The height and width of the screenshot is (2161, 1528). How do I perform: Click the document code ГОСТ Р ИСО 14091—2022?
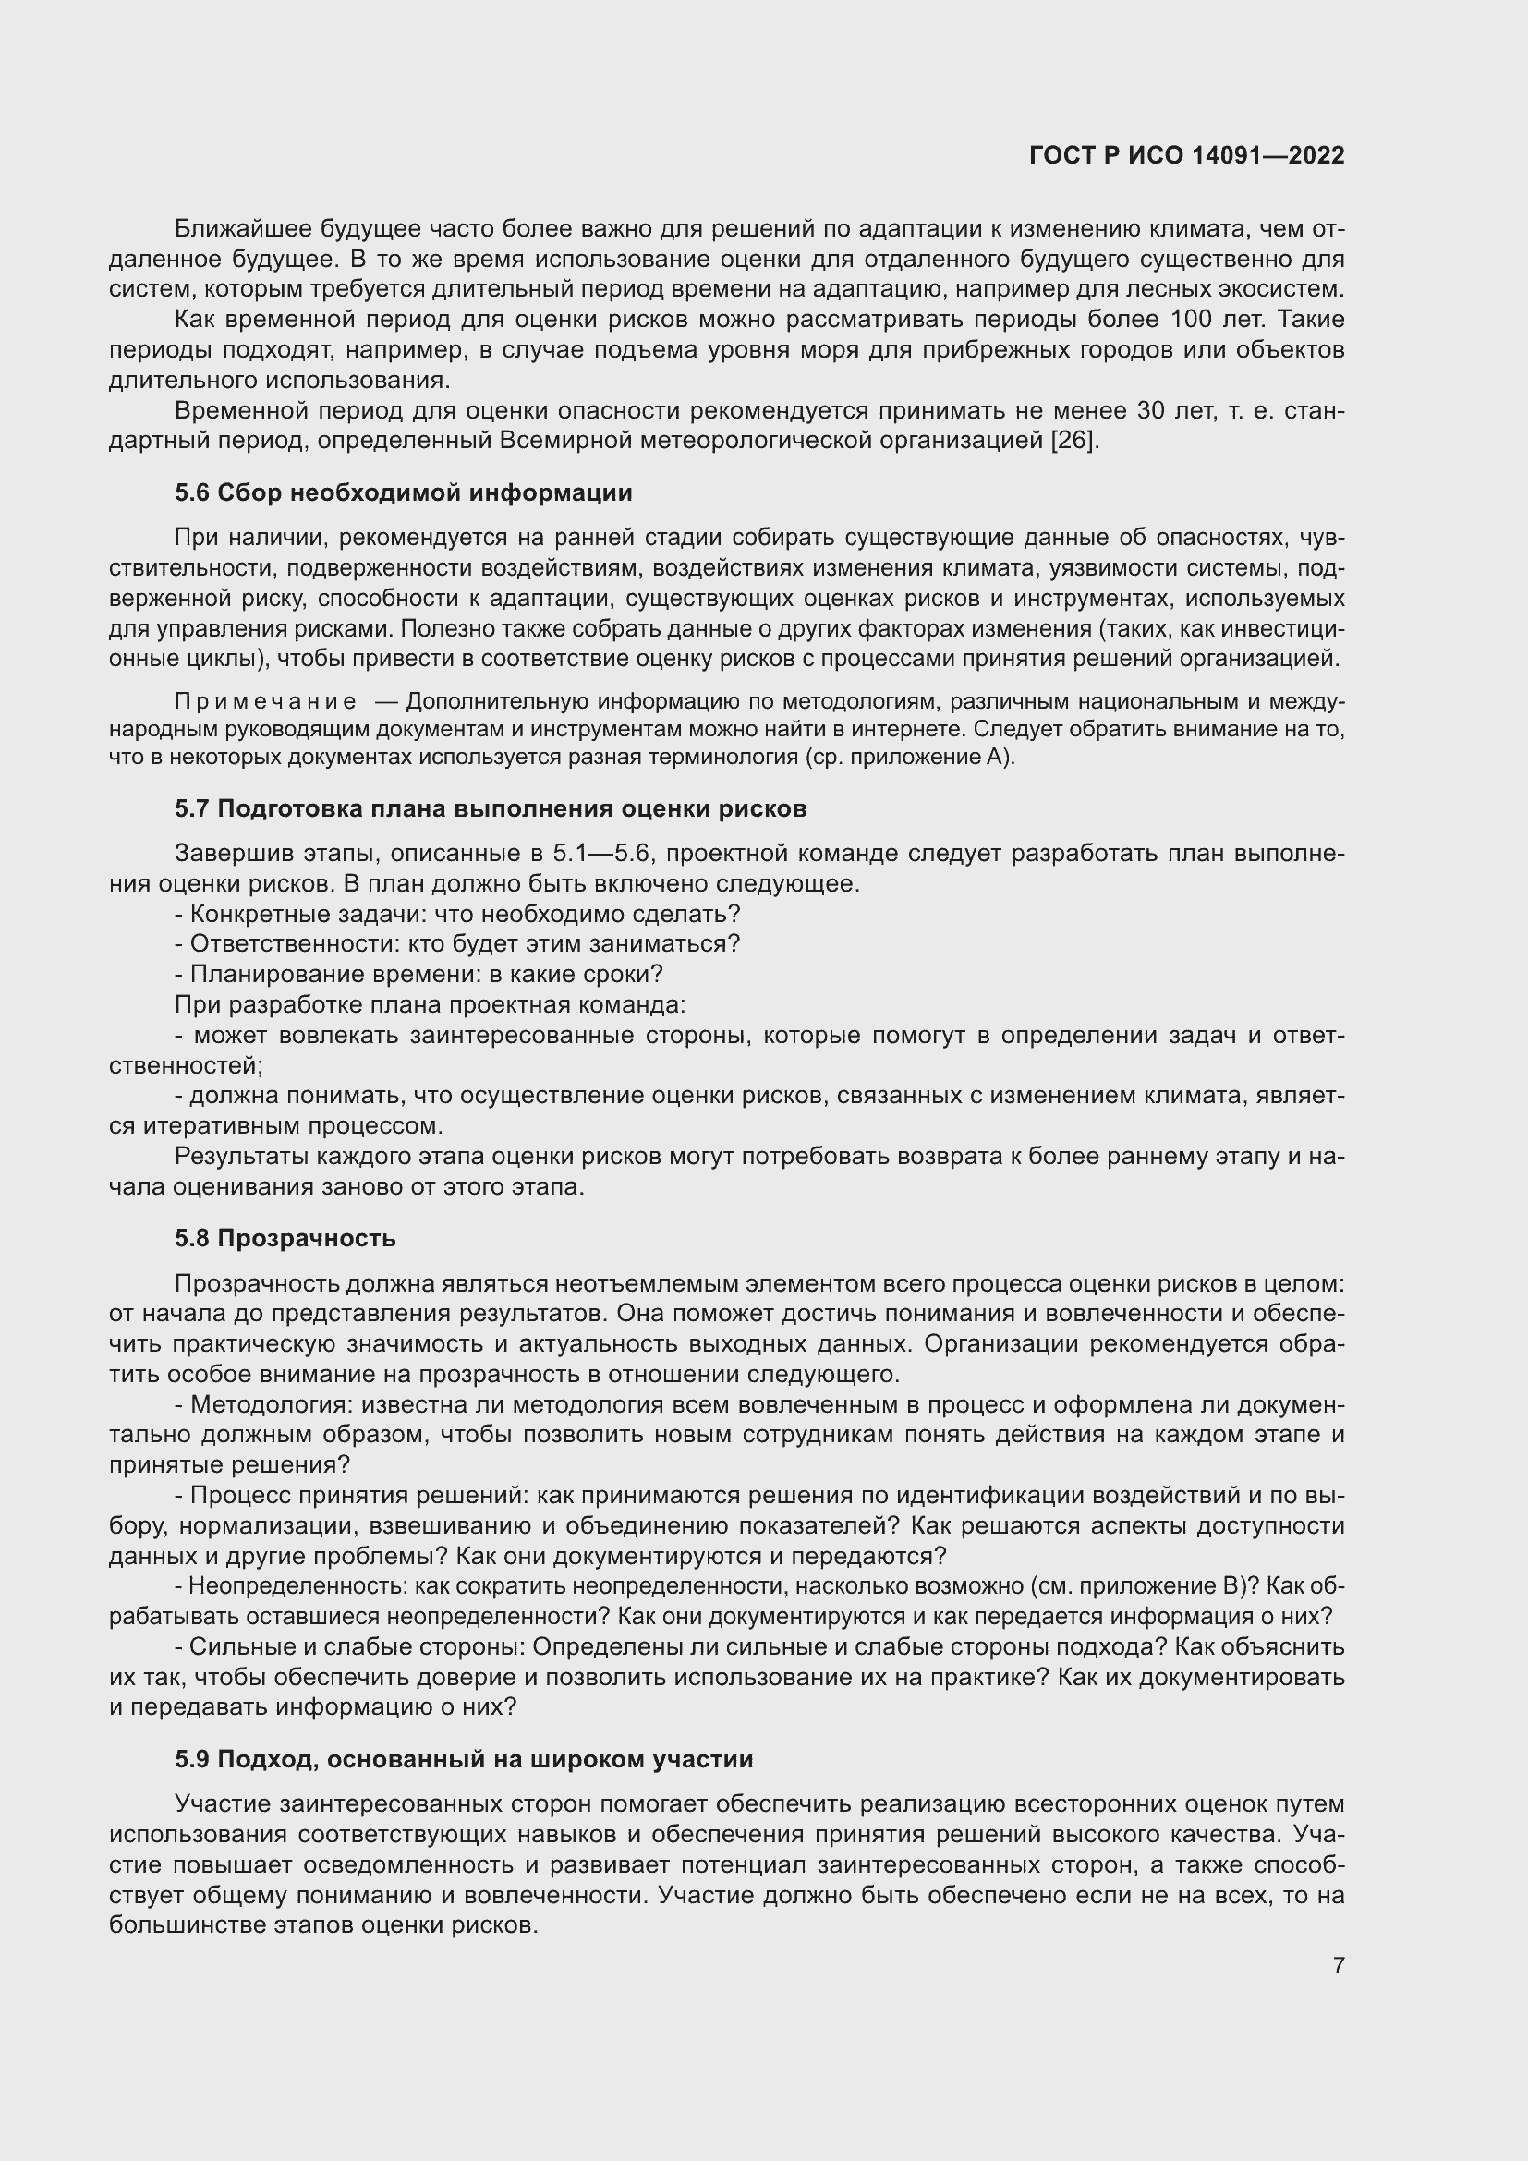coord(1186,155)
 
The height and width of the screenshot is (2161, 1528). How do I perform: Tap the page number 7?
coord(1338,1965)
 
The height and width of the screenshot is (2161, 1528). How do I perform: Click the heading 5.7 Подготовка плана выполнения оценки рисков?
coord(491,808)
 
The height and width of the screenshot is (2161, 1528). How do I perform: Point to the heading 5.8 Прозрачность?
coord(285,1239)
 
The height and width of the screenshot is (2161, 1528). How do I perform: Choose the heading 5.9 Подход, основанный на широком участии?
coord(464,1759)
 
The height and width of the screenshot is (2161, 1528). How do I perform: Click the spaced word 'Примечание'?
coord(265,702)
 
